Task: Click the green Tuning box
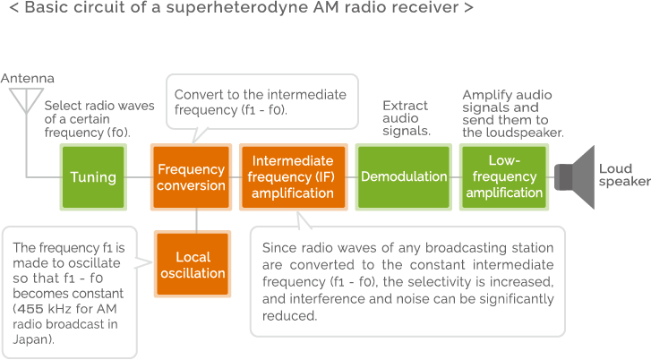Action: point(93,177)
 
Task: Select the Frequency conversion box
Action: point(191,177)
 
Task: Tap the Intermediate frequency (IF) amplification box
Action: point(293,177)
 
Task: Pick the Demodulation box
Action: point(404,177)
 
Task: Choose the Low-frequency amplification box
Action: point(504,177)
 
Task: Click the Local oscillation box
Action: point(193,264)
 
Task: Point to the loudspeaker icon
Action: point(575,177)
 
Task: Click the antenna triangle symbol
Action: point(26,98)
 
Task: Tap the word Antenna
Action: point(28,78)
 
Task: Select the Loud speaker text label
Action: point(624,175)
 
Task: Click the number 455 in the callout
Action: point(30,309)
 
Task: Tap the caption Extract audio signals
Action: point(407,118)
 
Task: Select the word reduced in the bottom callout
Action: point(289,316)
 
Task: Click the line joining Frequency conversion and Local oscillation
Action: point(196,220)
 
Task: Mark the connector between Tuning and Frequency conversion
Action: point(139,177)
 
